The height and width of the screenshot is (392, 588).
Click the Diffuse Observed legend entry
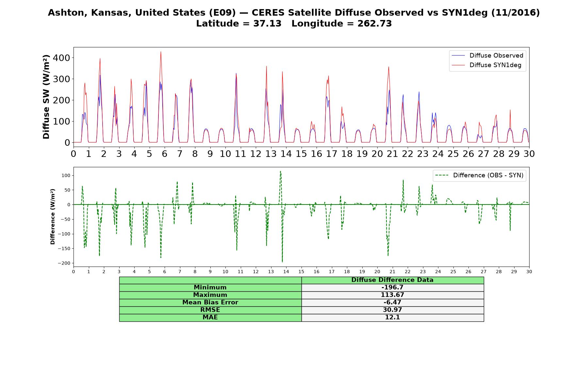[487, 56]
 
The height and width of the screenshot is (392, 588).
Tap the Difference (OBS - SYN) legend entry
[480, 175]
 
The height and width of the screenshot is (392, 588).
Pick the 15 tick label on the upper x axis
[301, 154]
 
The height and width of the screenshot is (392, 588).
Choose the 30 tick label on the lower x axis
[529, 271]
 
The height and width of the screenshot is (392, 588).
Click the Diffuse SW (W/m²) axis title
[46, 97]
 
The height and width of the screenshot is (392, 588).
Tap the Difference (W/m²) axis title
[53, 217]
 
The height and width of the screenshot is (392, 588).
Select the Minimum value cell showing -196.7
[392, 287]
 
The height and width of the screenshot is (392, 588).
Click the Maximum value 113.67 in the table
[392, 295]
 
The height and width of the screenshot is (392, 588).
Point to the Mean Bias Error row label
[210, 302]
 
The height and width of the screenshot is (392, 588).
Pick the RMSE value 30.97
[392, 310]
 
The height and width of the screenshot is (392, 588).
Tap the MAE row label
[210, 318]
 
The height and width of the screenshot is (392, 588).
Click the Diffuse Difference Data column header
[392, 280]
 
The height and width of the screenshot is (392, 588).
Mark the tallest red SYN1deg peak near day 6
[161, 52]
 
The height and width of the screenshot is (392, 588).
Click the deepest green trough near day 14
[282, 262]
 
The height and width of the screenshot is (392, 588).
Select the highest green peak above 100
[280, 171]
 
